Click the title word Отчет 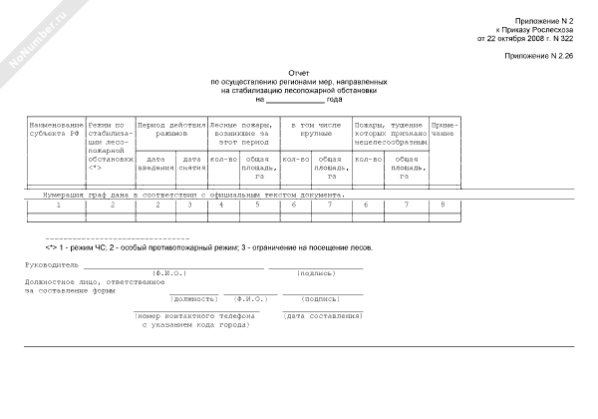pyautogui.click(x=299, y=73)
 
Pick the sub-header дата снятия pyautogui.click(x=191, y=164)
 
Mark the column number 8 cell pyautogui.click(x=444, y=205)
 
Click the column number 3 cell pyautogui.click(x=191, y=205)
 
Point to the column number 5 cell pyautogui.click(x=258, y=205)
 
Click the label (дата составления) pyautogui.click(x=322, y=315)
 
